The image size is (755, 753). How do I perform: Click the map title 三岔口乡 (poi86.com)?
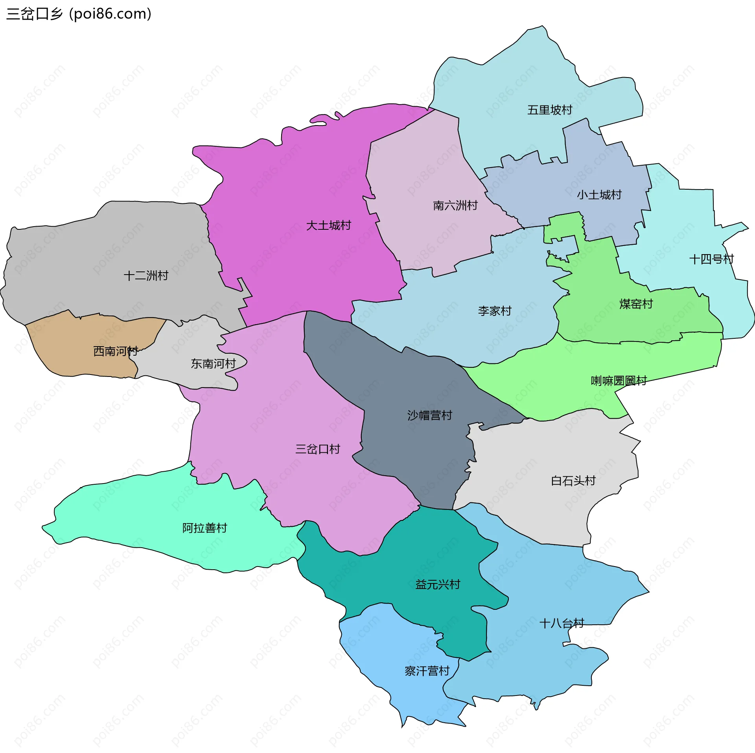click(79, 14)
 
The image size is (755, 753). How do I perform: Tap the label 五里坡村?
click(549, 110)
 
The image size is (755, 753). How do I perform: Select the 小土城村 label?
click(599, 195)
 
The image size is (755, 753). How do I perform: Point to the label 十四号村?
click(711, 259)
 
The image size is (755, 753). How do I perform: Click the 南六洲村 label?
click(455, 205)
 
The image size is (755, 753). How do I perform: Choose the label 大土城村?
click(328, 225)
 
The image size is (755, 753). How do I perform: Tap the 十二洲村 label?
click(146, 275)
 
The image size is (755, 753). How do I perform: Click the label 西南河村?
click(115, 351)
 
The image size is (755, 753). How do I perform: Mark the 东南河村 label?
click(213, 364)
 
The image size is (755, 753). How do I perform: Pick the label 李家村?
click(495, 311)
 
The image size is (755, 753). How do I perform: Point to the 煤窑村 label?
click(636, 304)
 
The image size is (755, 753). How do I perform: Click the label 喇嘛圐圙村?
click(619, 380)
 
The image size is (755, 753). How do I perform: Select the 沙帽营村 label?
click(429, 415)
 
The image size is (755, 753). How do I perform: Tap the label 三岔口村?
click(317, 449)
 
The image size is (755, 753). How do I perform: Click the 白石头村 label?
click(573, 480)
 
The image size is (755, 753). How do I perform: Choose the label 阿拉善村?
click(204, 528)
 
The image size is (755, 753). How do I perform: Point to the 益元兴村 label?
click(437, 584)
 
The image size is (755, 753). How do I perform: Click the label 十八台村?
click(562, 623)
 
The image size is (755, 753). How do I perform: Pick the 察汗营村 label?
click(427, 671)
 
